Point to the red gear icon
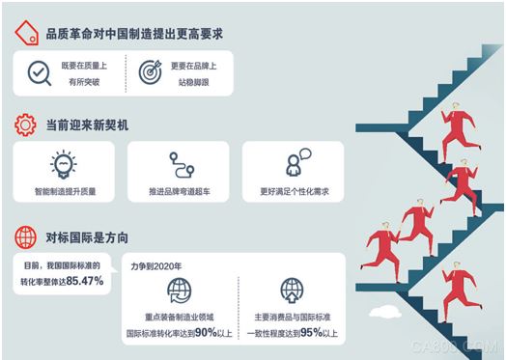[x=26, y=125]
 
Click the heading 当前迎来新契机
[x=88, y=125]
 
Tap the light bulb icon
[x=61, y=161]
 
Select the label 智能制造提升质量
[x=61, y=192]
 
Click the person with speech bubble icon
[x=295, y=161]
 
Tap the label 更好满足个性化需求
[x=295, y=192]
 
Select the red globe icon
[x=26, y=235]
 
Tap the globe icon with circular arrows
[x=181, y=290]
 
